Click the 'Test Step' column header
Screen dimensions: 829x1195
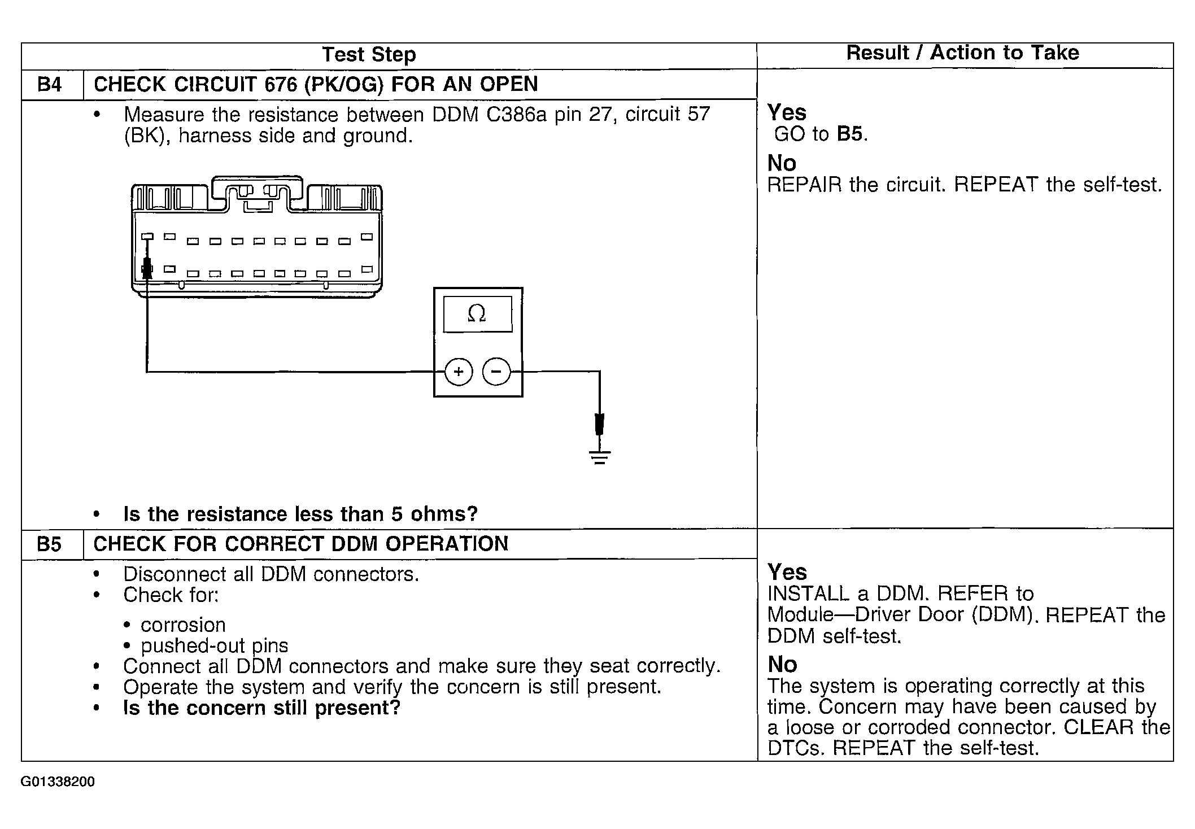point(369,55)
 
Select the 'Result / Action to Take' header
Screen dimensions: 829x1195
point(962,53)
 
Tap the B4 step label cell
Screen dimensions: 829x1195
point(50,85)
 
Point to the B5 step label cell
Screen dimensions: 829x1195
point(49,544)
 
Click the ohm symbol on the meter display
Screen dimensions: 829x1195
point(477,313)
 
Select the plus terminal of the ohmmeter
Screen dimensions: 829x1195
point(459,372)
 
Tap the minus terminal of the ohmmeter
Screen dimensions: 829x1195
point(496,372)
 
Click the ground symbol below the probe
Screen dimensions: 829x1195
point(600,457)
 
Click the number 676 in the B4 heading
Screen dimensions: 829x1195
point(281,85)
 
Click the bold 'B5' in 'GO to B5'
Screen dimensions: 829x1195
point(850,134)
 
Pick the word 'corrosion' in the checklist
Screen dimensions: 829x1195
point(183,625)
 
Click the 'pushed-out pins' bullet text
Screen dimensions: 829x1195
point(214,646)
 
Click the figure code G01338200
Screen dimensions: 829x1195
point(58,782)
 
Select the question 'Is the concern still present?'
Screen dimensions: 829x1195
point(261,708)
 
